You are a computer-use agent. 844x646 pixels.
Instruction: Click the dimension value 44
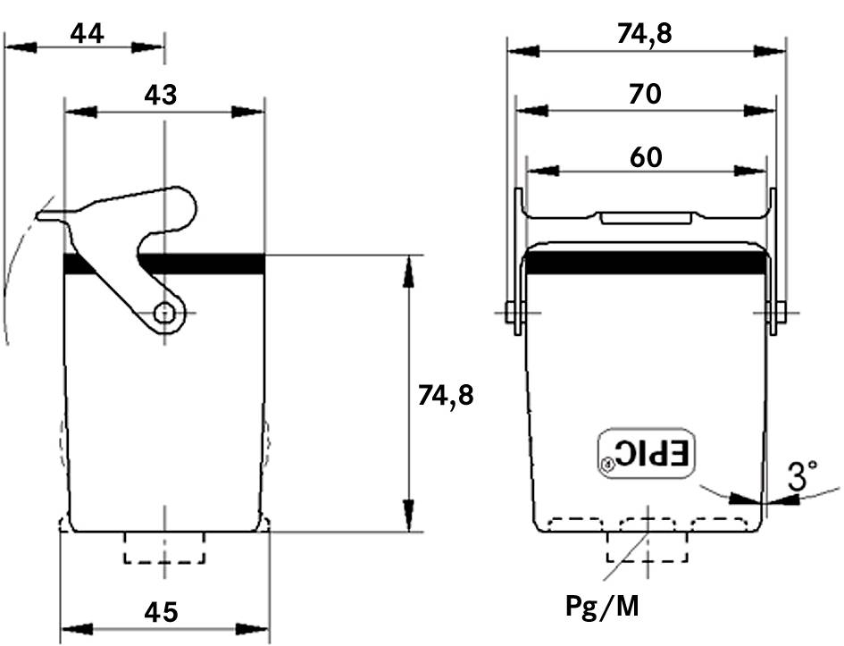88,33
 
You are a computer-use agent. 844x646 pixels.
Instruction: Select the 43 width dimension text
161,95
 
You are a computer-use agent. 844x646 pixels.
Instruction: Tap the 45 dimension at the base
161,612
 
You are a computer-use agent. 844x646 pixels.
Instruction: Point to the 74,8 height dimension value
446,394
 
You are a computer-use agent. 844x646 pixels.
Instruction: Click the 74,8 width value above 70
644,33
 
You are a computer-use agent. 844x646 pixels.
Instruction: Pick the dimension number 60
645,157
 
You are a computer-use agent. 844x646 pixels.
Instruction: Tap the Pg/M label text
603,608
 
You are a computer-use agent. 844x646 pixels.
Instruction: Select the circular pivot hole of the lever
163,312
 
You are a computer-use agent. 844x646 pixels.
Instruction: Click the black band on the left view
165,263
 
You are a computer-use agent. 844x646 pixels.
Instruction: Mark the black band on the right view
647,261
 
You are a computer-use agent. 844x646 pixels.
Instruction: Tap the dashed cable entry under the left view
164,548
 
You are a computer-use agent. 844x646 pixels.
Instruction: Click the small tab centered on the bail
646,217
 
